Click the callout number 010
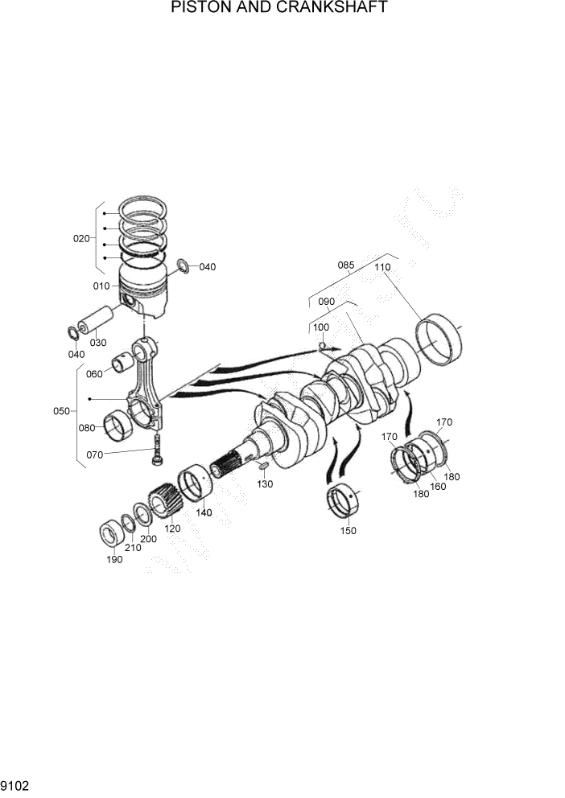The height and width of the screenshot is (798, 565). click(x=101, y=286)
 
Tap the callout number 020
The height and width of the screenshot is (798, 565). click(x=81, y=238)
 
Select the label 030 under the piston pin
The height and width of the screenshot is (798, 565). click(x=97, y=343)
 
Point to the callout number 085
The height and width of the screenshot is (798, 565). click(x=346, y=265)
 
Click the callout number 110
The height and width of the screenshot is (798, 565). click(x=381, y=267)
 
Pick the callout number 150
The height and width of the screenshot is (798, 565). click(x=348, y=530)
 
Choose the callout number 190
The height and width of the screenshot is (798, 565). click(x=114, y=559)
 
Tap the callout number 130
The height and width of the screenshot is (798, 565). click(x=265, y=483)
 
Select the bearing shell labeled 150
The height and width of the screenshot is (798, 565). click(x=344, y=504)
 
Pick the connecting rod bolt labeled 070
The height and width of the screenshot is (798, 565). click(x=157, y=449)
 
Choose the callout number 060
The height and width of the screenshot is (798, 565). click(x=95, y=373)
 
